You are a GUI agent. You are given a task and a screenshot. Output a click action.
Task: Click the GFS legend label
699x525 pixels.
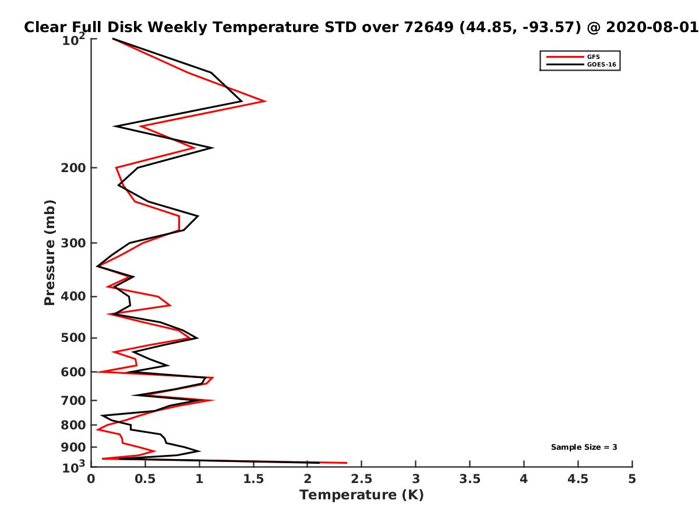(593, 57)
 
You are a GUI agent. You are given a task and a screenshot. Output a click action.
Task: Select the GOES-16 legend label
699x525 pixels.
(601, 64)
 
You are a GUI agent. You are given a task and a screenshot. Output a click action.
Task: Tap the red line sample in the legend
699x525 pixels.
(564, 57)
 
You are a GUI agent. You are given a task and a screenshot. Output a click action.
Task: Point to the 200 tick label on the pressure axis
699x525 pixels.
(73, 167)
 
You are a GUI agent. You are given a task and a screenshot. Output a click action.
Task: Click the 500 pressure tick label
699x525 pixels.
(73, 338)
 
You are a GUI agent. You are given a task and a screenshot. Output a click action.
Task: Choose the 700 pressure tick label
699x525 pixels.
(73, 400)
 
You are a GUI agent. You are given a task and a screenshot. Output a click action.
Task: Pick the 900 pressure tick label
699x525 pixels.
(73, 447)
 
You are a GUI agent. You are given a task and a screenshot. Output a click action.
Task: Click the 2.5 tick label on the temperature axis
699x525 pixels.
(361, 479)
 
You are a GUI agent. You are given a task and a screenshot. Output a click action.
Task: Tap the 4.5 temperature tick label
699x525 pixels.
(578, 479)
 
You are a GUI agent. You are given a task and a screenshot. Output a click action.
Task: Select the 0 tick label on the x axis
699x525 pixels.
(91, 479)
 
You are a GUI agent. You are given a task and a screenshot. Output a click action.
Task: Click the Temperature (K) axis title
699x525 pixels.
(362, 495)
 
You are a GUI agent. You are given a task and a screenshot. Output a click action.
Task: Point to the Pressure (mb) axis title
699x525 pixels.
(50, 253)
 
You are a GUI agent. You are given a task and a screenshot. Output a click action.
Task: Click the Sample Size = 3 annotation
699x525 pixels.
(584, 447)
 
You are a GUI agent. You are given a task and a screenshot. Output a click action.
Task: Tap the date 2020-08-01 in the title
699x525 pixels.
(652, 27)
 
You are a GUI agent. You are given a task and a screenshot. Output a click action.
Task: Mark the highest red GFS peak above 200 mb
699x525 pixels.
(265, 101)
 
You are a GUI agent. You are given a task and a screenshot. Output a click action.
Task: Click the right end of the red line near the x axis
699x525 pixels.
(347, 463)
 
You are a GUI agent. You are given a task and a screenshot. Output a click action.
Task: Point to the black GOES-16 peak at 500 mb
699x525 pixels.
(197, 338)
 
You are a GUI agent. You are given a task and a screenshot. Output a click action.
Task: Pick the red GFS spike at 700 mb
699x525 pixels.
(214, 400)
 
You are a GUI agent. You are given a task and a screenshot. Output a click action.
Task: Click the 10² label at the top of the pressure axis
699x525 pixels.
(73, 40)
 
